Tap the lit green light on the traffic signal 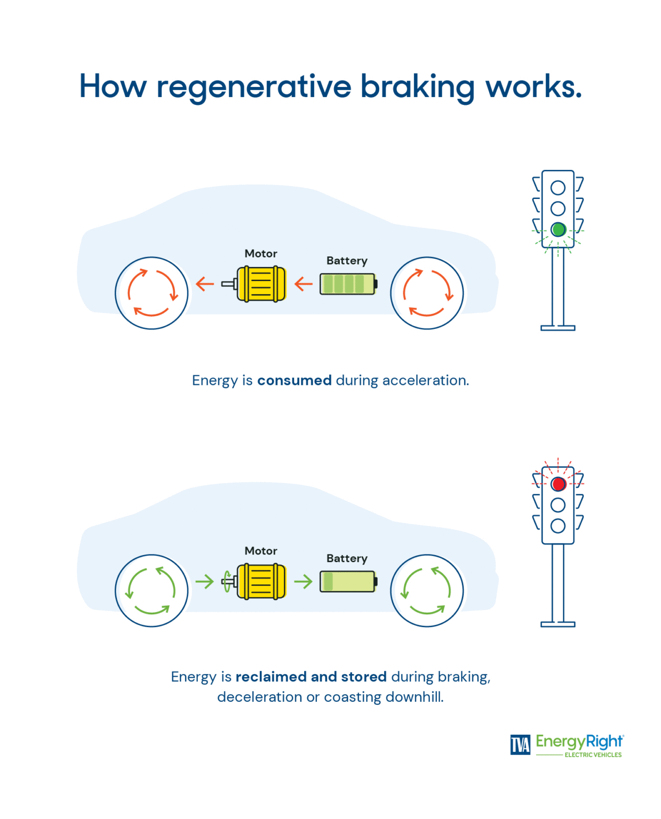558,230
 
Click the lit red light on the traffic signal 558,484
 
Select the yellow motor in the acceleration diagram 261,284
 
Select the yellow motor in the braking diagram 261,581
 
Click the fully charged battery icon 348,284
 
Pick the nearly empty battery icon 348,581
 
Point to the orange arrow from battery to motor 303,284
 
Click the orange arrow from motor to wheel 204,284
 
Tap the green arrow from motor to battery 303,581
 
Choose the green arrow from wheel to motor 204,581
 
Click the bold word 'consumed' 294,380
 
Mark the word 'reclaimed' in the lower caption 270,677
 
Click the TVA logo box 520,745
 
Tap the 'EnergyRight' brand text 579,741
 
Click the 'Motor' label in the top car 261,254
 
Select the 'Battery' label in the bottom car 347,558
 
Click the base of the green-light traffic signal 558,328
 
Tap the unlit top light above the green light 558,188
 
